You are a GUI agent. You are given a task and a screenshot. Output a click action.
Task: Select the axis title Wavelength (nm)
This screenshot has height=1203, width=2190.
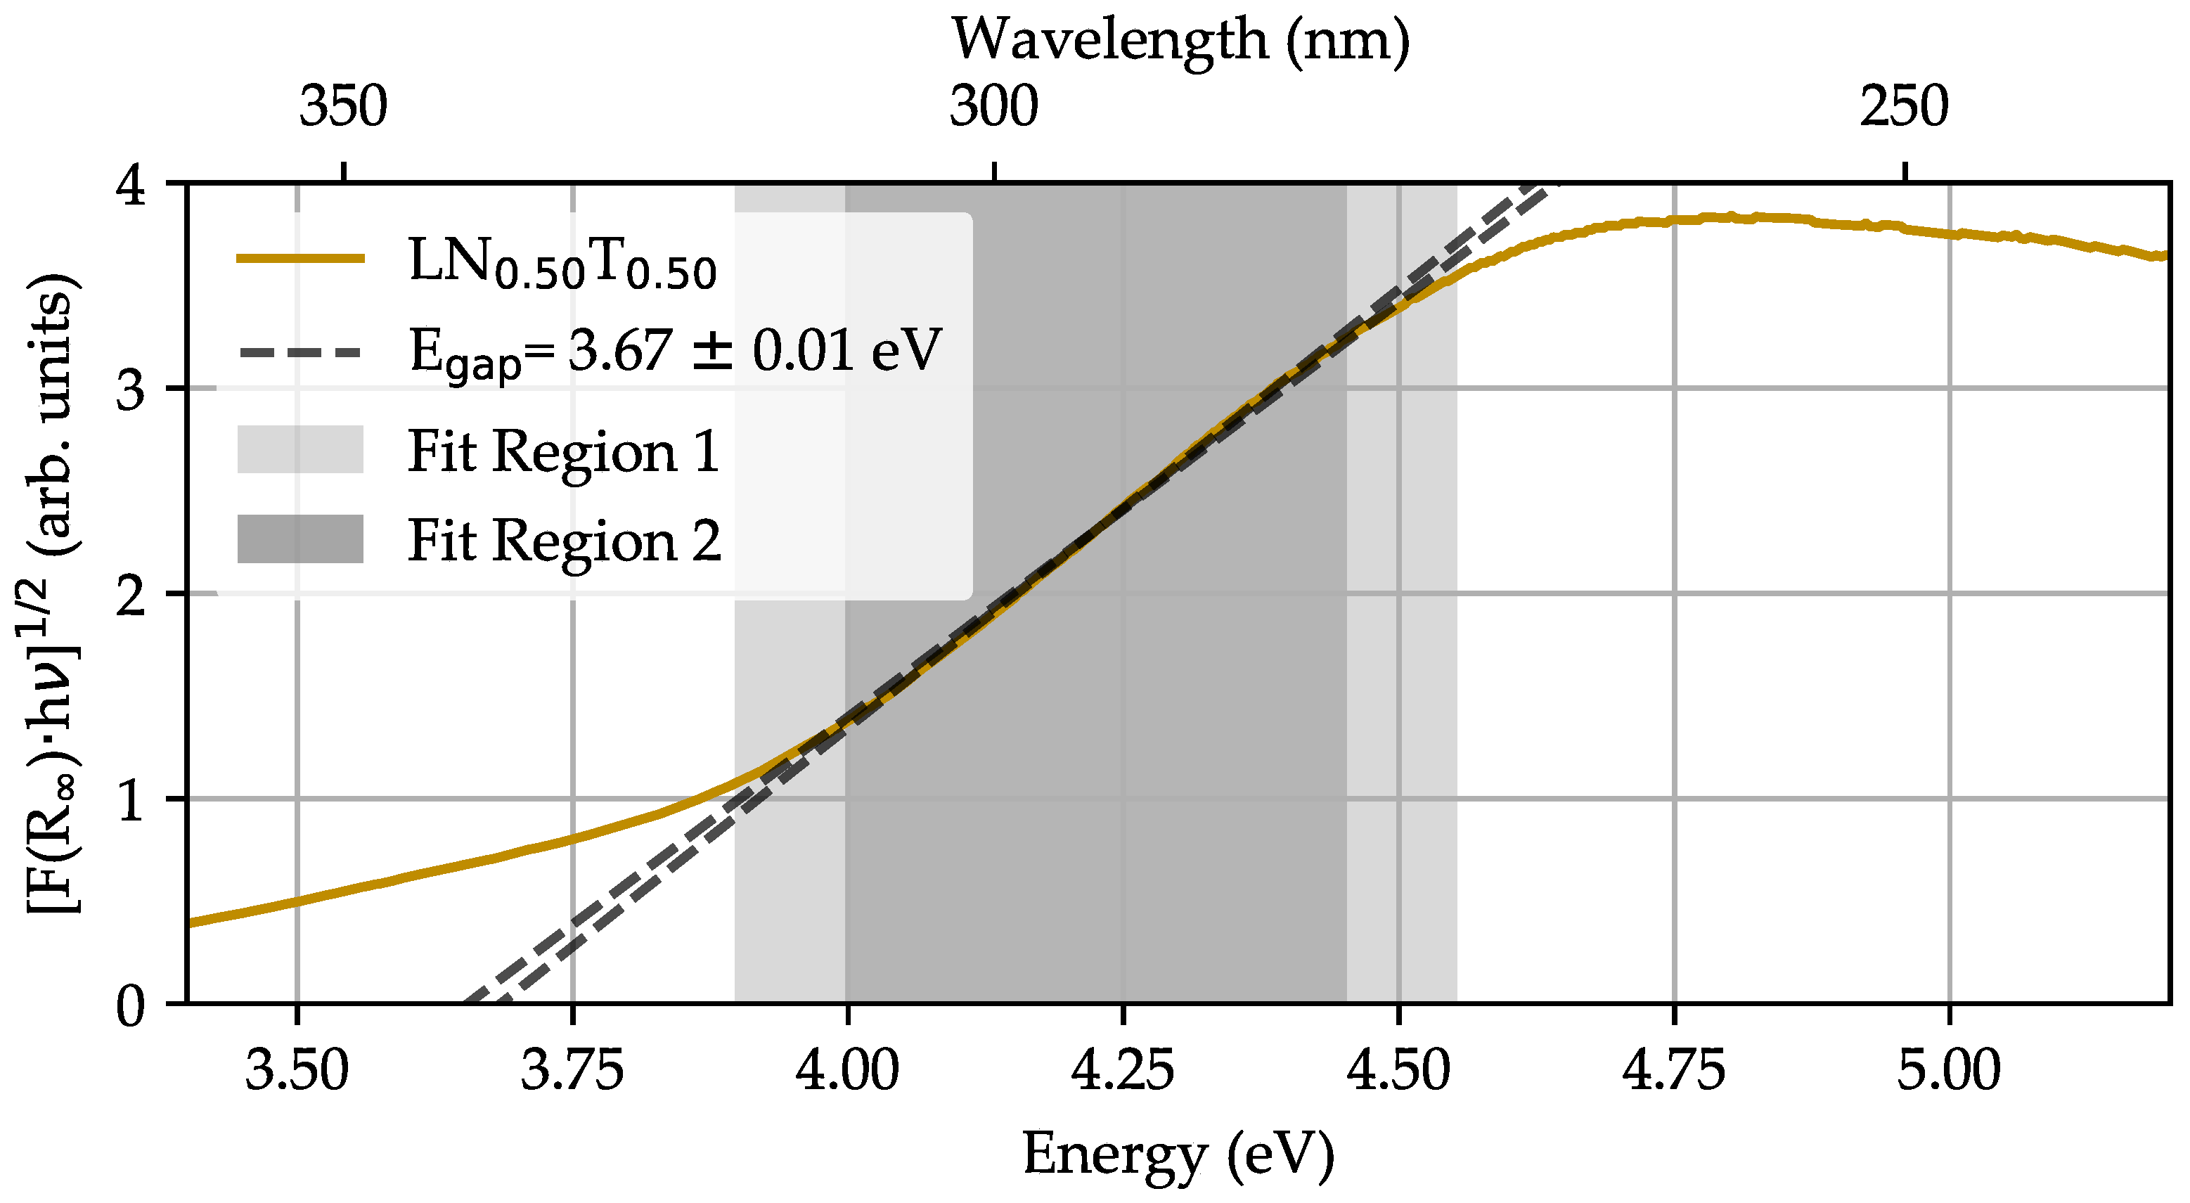pyautogui.click(x=1180, y=40)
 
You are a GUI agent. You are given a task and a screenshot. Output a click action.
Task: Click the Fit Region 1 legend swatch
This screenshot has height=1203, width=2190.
pyautogui.click(x=300, y=450)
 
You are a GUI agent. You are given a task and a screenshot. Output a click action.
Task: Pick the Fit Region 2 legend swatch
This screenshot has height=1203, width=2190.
pyautogui.click(x=300, y=539)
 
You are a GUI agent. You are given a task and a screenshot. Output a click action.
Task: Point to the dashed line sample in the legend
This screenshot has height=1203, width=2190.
pyautogui.click(x=300, y=351)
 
